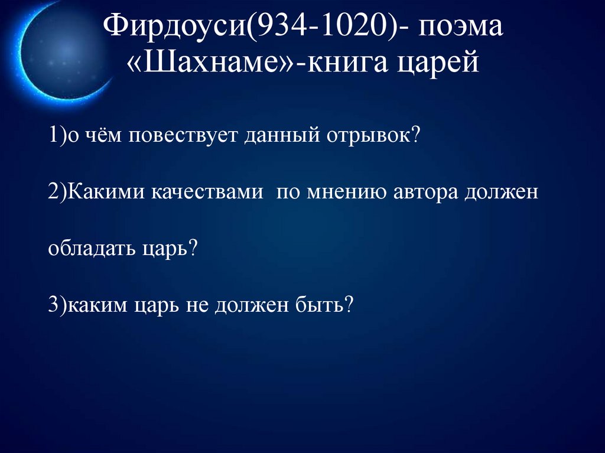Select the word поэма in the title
pos(461,28)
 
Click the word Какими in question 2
pos(106,194)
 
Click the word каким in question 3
pos(94,305)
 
